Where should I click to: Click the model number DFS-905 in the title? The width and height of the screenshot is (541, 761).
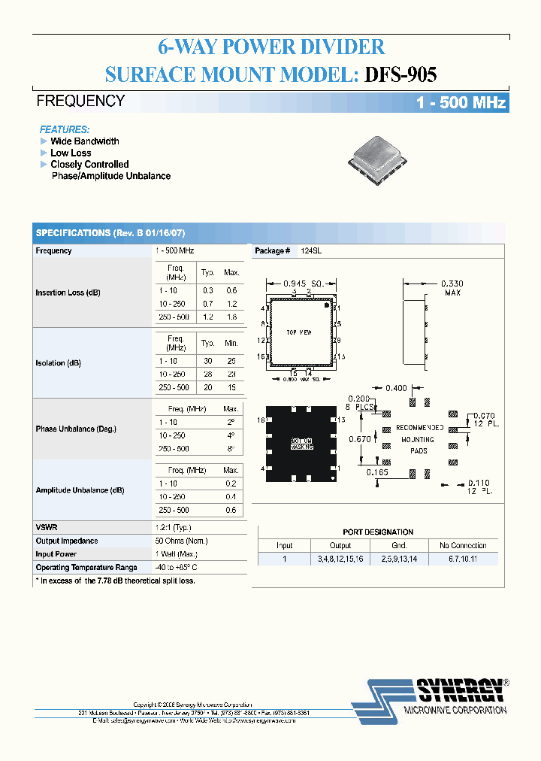pyautogui.click(x=400, y=74)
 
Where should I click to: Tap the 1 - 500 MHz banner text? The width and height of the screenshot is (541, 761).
pyautogui.click(x=461, y=103)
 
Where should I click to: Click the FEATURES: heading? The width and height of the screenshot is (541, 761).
pyautogui.click(x=65, y=129)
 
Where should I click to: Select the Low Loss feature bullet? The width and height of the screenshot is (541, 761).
pyautogui.click(x=71, y=153)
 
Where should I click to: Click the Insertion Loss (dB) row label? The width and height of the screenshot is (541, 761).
pyautogui.click(x=68, y=293)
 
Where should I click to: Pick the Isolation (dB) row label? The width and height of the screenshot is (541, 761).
pyautogui.click(x=58, y=362)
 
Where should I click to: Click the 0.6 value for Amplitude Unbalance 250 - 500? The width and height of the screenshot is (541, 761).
pyautogui.click(x=231, y=510)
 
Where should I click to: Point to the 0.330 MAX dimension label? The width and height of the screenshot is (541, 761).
pyautogui.click(x=452, y=288)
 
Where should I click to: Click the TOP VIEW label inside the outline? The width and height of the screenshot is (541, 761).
pyautogui.click(x=300, y=332)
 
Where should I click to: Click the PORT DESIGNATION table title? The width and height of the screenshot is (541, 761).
pyautogui.click(x=378, y=532)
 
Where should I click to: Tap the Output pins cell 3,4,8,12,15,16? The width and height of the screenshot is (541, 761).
pyautogui.click(x=340, y=559)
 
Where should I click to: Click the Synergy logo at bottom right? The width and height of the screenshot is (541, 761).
pyautogui.click(x=431, y=696)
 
